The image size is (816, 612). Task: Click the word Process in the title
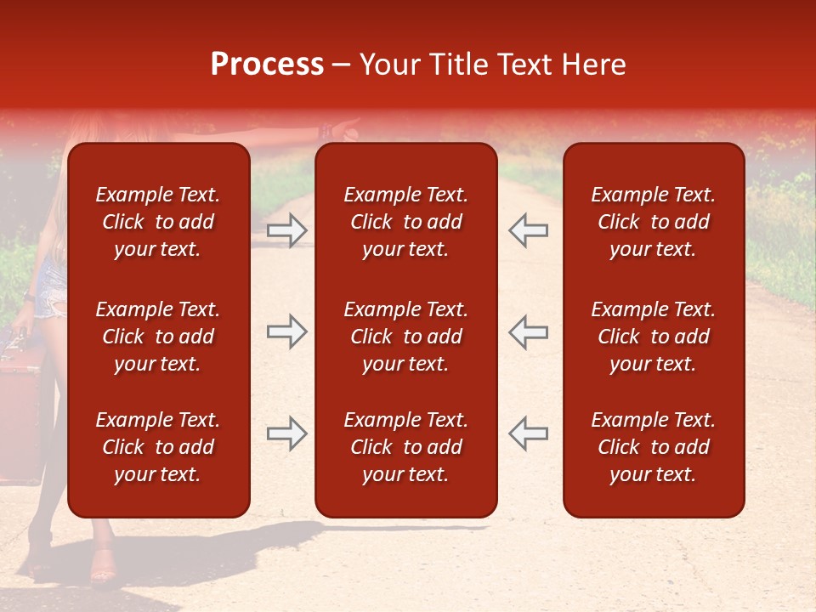point(267,65)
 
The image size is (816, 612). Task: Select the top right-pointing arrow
point(286,229)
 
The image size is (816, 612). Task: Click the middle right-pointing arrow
point(286,332)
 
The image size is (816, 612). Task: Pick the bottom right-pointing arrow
point(286,433)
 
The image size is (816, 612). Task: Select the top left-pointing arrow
point(528,229)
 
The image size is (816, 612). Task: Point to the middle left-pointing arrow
point(528,332)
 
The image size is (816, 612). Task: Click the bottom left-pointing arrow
point(528,433)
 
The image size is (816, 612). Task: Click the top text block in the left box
point(158,222)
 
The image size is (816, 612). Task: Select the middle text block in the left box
point(158,337)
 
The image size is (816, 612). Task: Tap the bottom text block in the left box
point(158,447)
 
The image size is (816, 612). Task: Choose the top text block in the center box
point(406,222)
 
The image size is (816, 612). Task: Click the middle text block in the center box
point(406,337)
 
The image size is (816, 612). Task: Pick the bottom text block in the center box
point(406,447)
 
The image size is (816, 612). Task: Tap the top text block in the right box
point(654,222)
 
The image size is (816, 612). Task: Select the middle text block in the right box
point(654,337)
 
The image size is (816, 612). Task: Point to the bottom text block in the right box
point(654,447)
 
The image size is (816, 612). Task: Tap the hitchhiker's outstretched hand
point(344,127)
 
